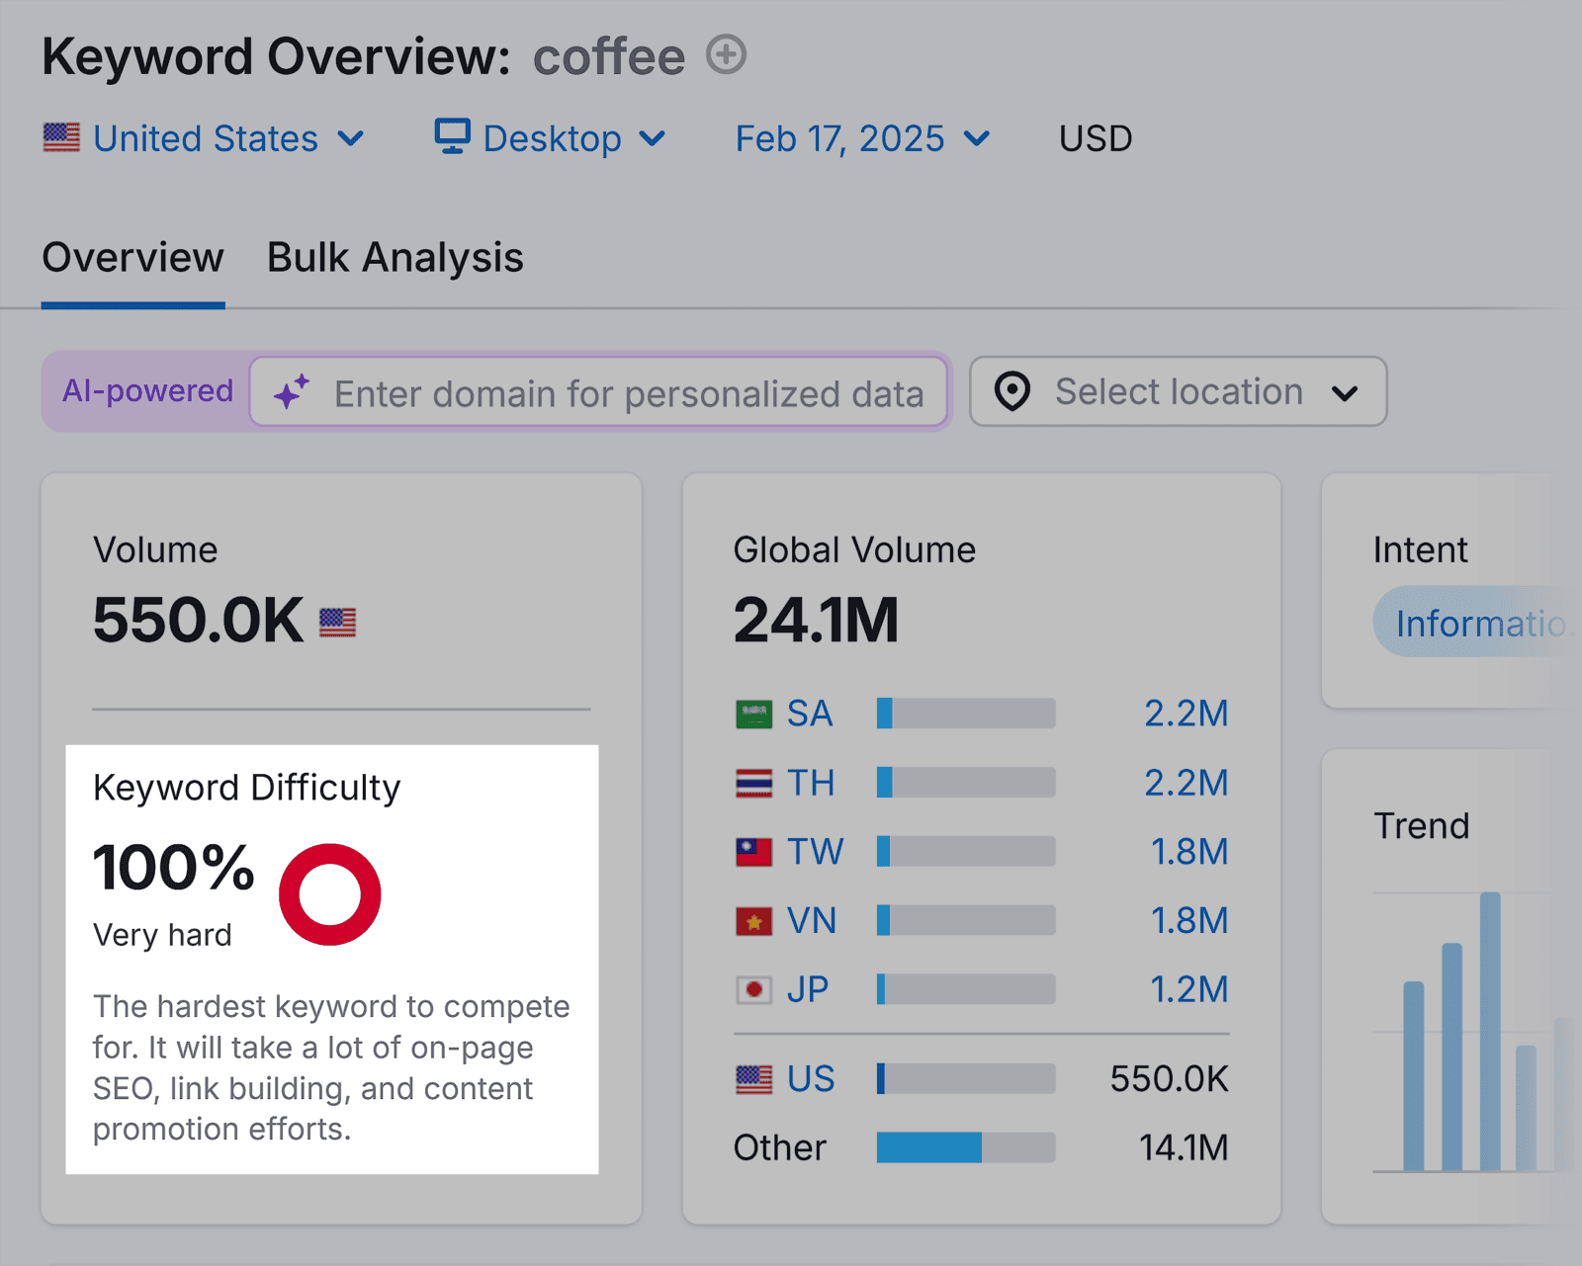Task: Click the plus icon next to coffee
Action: click(726, 55)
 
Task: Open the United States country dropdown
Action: click(205, 138)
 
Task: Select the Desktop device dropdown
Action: click(551, 138)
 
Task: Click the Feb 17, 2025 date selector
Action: click(861, 138)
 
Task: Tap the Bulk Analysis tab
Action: click(395, 258)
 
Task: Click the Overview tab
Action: click(132, 258)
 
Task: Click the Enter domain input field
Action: click(628, 393)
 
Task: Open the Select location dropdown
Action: click(1178, 392)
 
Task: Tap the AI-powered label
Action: click(147, 391)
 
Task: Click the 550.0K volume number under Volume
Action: click(198, 621)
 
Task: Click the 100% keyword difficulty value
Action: click(174, 868)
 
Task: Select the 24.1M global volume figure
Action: click(816, 621)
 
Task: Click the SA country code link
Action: click(809, 714)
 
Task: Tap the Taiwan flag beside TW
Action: click(753, 852)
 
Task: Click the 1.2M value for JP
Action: click(1188, 989)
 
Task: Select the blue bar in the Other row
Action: click(928, 1147)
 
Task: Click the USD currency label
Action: click(1095, 138)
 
